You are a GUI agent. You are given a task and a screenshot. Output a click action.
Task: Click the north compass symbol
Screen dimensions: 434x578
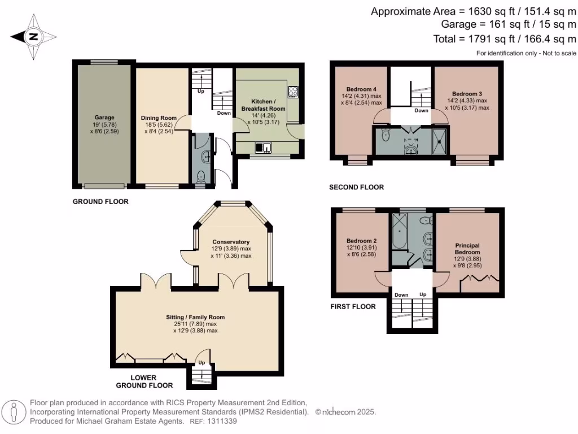33,37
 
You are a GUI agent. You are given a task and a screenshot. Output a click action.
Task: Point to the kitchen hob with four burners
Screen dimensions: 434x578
294,90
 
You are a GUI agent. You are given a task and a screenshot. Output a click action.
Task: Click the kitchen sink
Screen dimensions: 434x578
263,147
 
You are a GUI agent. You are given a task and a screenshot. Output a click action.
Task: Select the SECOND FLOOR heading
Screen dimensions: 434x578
356,187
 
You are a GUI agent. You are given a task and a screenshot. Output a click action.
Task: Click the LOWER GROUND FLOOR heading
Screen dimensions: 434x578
144,381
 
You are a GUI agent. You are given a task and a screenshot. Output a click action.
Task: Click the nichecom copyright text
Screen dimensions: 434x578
345,413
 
